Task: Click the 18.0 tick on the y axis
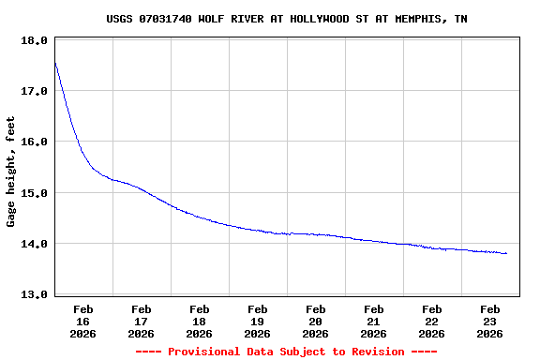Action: pyautogui.click(x=34, y=41)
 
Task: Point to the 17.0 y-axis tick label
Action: pyautogui.click(x=34, y=92)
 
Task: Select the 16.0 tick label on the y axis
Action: pyautogui.click(x=34, y=142)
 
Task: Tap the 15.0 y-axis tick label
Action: pyautogui.click(x=34, y=193)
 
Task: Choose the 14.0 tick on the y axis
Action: pyautogui.click(x=34, y=244)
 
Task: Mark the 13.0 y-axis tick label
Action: pyautogui.click(x=34, y=294)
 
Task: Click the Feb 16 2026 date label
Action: pyautogui.click(x=83, y=321)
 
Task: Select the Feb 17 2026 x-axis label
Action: pyautogui.click(x=142, y=321)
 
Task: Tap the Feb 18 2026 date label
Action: pyautogui.click(x=200, y=321)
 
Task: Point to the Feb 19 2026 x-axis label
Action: pyautogui.click(x=258, y=321)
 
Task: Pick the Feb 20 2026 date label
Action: pyautogui.click(x=316, y=321)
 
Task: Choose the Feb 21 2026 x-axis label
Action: pyautogui.click(x=374, y=321)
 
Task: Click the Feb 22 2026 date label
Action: pyautogui.click(x=432, y=321)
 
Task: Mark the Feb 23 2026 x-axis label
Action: pyautogui.click(x=490, y=321)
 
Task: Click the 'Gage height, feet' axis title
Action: pyautogui.click(x=11, y=172)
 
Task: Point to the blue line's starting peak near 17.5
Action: pyautogui.click(x=55, y=64)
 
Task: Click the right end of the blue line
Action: pyautogui.click(x=506, y=253)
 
